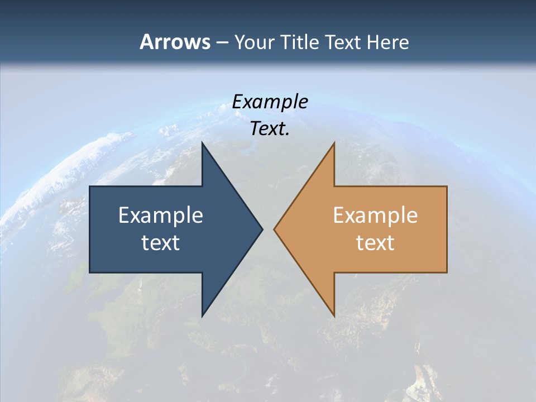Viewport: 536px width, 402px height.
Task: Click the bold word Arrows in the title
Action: pos(175,42)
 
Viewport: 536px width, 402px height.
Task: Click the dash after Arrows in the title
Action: pos(222,42)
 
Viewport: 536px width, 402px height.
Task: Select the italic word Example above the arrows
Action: pos(270,102)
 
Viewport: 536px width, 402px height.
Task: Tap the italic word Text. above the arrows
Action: pos(270,129)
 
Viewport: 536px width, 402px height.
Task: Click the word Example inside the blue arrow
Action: pos(161,215)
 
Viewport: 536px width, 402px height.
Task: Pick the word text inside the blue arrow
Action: pos(161,242)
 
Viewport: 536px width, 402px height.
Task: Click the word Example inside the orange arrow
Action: pos(375,215)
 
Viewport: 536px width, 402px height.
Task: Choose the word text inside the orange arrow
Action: pos(375,242)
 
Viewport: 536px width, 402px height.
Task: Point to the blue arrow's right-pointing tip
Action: pos(262,229)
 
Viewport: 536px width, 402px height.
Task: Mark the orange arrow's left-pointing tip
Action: pos(274,229)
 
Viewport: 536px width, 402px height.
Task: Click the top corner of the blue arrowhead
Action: pos(203,142)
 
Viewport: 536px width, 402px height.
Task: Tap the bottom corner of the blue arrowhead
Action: pos(203,317)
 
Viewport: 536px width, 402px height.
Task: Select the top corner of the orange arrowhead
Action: pos(334,142)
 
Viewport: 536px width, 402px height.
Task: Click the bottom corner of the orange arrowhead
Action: pos(334,317)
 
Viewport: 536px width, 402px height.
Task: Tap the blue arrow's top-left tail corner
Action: pos(90,186)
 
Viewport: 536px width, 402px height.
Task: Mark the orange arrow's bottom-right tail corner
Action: pos(447,272)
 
